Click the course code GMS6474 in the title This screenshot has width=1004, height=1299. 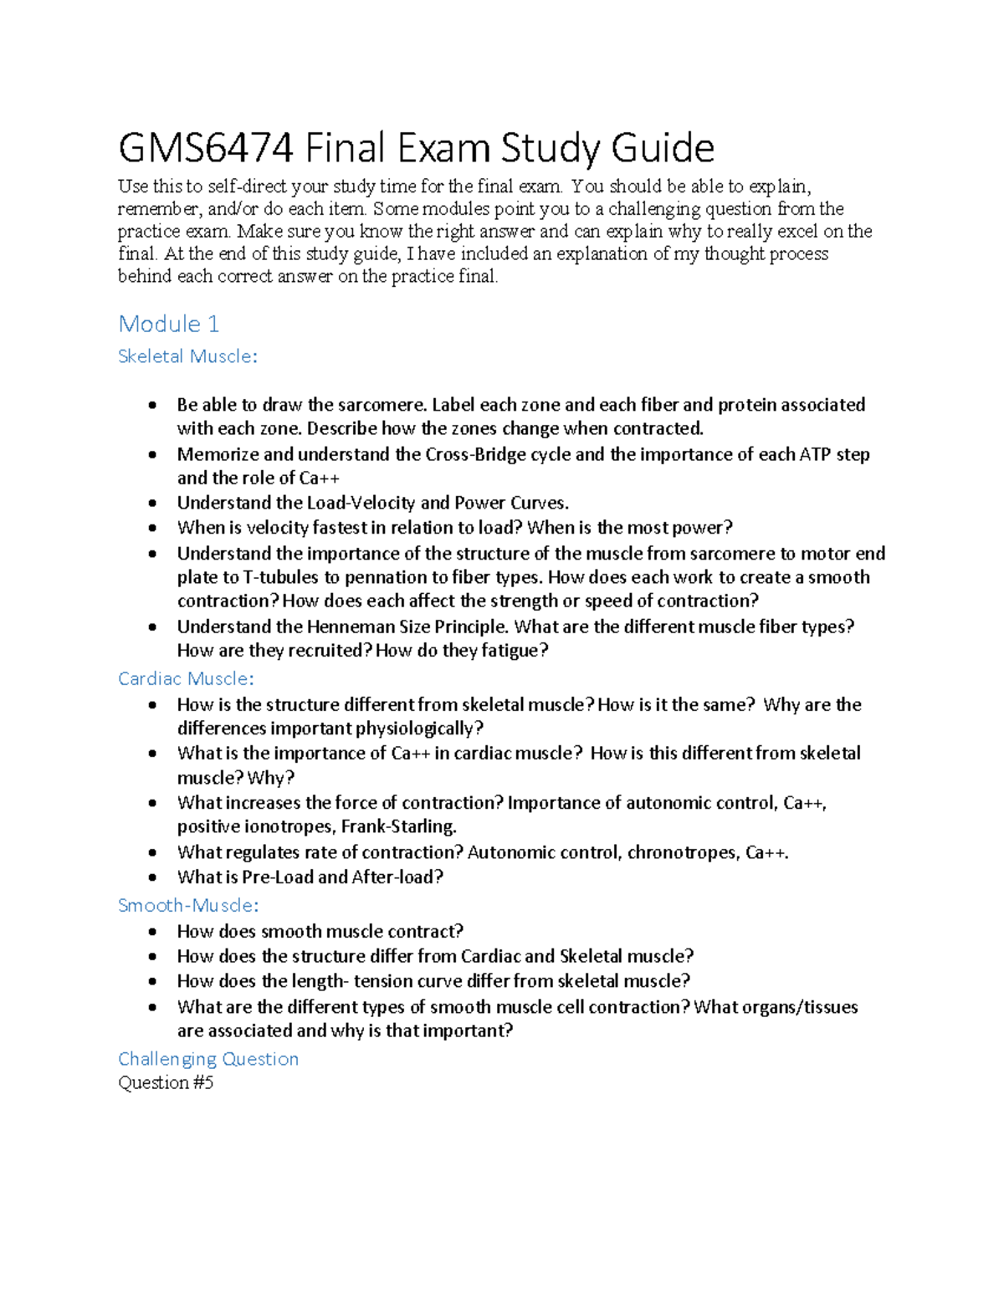(205, 149)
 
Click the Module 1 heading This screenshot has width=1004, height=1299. (168, 324)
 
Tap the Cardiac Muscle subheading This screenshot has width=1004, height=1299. (185, 678)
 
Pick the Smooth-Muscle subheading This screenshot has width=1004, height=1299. (188, 905)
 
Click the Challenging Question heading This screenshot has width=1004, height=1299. (208, 1059)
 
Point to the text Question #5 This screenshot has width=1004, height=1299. (166, 1082)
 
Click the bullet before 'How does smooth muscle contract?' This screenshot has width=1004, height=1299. (152, 932)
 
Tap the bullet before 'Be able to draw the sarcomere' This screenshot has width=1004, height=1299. (152, 406)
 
